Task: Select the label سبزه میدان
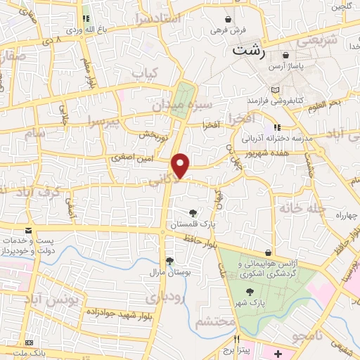coord(178,105)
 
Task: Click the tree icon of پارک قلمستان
coord(193,212)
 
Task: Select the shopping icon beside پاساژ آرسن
coord(285,55)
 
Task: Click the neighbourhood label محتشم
coord(210,323)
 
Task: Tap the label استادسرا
coord(157,18)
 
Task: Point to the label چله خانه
coord(303,208)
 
